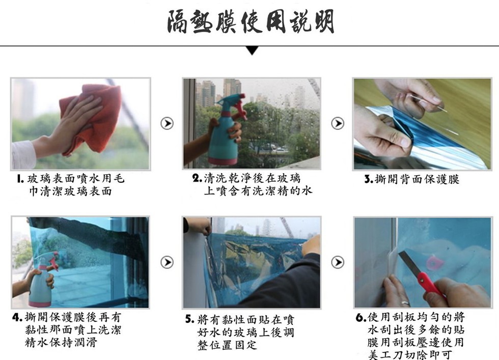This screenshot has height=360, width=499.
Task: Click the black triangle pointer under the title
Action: coord(252,50)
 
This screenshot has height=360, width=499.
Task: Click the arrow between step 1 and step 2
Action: coord(167,123)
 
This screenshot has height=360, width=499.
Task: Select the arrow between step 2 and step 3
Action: coord(337,123)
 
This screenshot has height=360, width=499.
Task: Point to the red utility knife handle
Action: coord(431,285)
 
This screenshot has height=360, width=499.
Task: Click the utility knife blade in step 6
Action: coord(409,262)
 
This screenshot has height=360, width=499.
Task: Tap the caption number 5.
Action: coord(189,320)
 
